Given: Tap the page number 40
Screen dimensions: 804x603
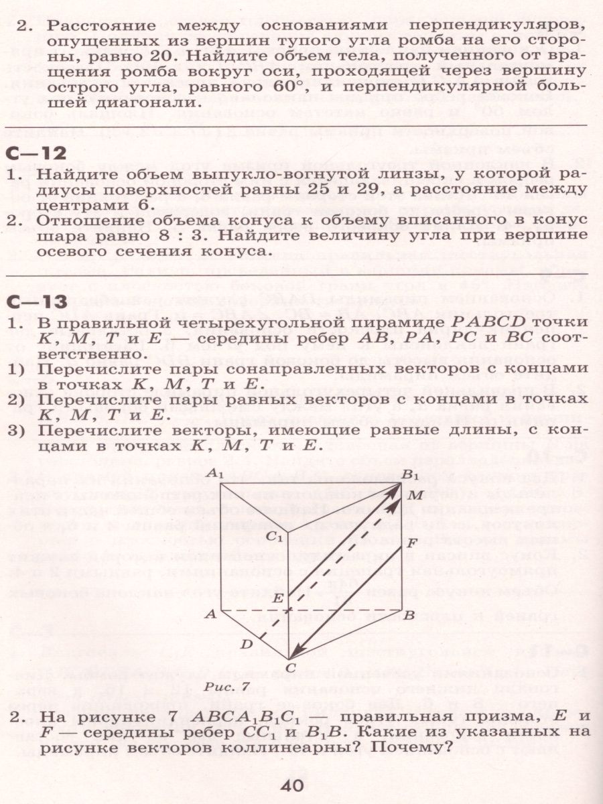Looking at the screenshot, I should [293, 785].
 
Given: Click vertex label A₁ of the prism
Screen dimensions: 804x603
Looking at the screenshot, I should [215, 473].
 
